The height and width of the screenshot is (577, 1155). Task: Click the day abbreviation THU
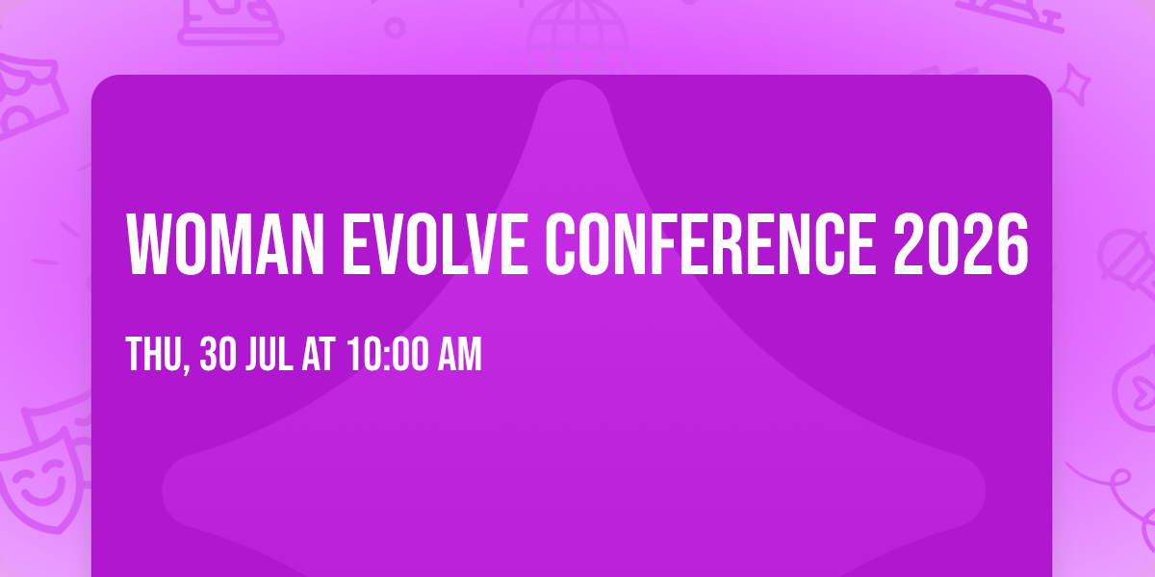click(x=154, y=357)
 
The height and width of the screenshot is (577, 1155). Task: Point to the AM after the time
click(x=460, y=357)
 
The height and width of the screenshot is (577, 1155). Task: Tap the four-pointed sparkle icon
click(x=1081, y=81)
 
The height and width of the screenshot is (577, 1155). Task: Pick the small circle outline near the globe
click(x=395, y=27)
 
